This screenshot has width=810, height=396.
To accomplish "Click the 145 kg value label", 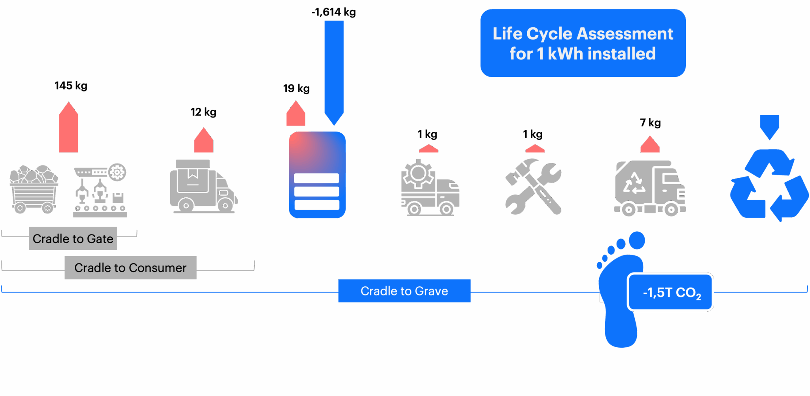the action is [71, 86].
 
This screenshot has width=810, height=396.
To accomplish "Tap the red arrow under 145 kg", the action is [68, 127].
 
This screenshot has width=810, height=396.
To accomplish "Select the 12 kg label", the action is [203, 112].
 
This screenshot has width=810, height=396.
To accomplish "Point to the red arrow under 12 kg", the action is [204, 140].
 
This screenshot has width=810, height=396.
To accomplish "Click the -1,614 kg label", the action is [333, 12].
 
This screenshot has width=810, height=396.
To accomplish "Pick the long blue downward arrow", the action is [334, 73].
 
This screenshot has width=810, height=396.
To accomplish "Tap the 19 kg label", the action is [296, 88].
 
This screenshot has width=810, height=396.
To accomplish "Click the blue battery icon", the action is [317, 175].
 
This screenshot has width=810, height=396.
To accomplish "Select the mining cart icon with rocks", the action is [34, 189].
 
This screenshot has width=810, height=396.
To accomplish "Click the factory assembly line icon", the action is [100, 190].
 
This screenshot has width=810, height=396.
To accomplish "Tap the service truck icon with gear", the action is [430, 187].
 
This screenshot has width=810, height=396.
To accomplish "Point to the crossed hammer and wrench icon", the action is [533, 187].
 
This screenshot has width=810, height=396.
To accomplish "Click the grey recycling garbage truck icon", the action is [650, 188].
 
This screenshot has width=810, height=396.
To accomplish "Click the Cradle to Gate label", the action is [73, 238].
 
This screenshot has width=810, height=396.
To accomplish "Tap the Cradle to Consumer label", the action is [131, 268].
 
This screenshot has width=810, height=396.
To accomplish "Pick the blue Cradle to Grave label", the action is [404, 291].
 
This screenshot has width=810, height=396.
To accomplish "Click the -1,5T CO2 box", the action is [670, 292].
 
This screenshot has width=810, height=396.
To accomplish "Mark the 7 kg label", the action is [650, 123].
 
